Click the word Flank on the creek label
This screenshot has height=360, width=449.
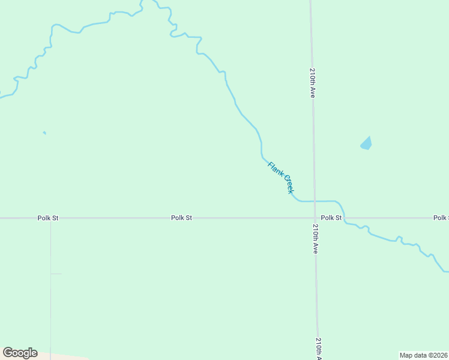click(274, 169)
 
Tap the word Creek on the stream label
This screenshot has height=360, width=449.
click(288, 184)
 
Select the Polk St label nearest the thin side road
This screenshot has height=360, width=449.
click(47, 218)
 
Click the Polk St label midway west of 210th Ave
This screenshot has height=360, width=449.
click(181, 218)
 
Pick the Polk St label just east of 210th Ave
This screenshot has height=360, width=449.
click(331, 218)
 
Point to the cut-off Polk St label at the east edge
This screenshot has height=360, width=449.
click(441, 218)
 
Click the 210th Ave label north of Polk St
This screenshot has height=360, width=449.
click(313, 83)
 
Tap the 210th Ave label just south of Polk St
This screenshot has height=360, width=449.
click(315, 239)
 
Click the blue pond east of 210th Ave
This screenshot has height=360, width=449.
click(366, 143)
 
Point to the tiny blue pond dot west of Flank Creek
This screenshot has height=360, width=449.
click(44, 133)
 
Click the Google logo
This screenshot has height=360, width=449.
click(20, 353)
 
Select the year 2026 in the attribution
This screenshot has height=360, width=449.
click(439, 355)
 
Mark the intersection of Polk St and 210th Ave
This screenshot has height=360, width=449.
click(315, 218)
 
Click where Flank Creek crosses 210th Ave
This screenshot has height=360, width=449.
click(314, 201)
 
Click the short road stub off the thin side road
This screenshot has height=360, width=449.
click(56, 274)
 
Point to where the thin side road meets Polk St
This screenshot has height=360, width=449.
click(50, 218)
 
